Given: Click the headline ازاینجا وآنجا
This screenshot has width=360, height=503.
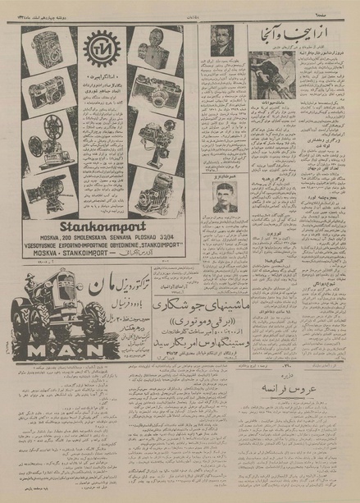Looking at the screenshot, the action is tap(303, 35).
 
